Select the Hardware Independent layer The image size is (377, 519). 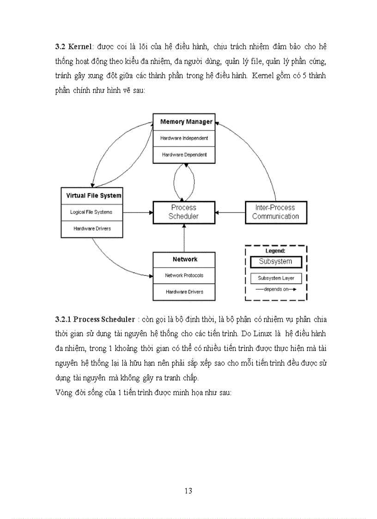[x=184, y=138]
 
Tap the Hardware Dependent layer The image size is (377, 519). [x=184, y=155]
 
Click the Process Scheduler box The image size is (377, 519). [x=184, y=212]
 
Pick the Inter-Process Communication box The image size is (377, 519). [x=275, y=212]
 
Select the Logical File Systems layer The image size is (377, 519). [x=91, y=212]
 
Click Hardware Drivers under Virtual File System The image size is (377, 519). [x=91, y=229]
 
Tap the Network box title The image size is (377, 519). [x=185, y=259]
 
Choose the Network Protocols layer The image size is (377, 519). [x=184, y=275]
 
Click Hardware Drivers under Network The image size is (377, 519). [x=184, y=292]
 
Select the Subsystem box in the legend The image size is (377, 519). [x=275, y=262]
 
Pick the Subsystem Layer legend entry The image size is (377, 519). [x=276, y=279]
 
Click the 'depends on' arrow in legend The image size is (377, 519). [x=275, y=289]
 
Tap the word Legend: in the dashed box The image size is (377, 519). [x=275, y=250]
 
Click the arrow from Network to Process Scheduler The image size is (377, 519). [x=184, y=238]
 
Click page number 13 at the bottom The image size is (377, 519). [x=188, y=491]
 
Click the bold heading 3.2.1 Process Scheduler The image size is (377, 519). [x=95, y=319]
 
